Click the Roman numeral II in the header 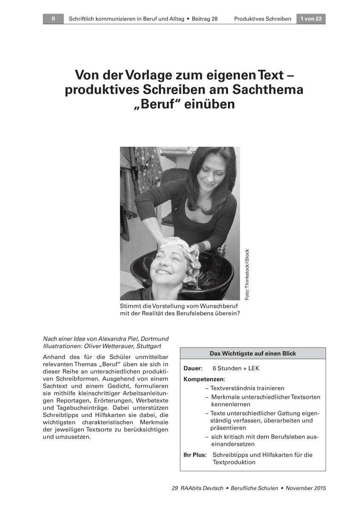[x=53, y=19]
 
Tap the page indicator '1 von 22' [x=311, y=19]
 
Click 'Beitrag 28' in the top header [x=205, y=19]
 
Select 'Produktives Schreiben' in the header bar [x=262, y=19]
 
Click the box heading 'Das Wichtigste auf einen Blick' [x=253, y=353]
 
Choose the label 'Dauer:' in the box [x=193, y=368]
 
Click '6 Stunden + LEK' [x=236, y=368]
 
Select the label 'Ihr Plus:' [x=195, y=455]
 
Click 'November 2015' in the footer [x=306, y=488]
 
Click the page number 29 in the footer [x=174, y=488]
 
